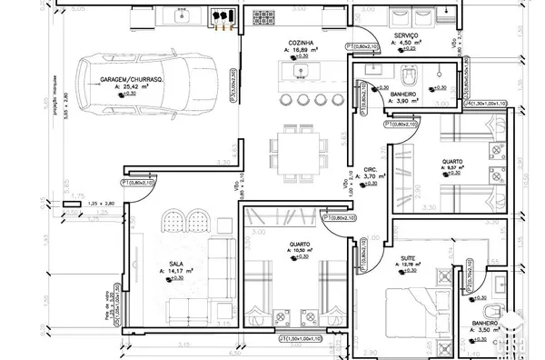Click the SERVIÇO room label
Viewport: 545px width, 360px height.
point(405,35)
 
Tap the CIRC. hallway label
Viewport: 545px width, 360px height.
point(370,169)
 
